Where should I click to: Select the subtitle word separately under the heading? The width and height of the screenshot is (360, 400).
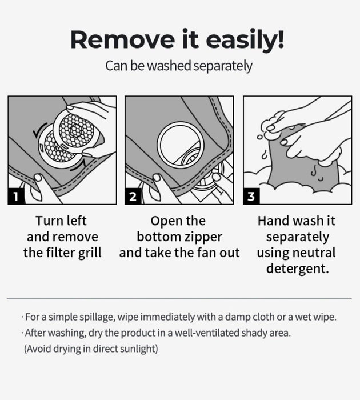tap(223, 66)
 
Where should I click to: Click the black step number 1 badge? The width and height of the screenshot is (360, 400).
tap(16, 197)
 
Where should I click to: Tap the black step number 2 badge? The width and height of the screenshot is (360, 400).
tap(133, 197)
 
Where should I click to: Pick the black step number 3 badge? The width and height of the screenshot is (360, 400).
tap(251, 197)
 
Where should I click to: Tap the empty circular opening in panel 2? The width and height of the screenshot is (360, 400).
tap(181, 145)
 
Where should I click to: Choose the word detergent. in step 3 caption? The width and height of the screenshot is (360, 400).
tap(298, 269)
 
